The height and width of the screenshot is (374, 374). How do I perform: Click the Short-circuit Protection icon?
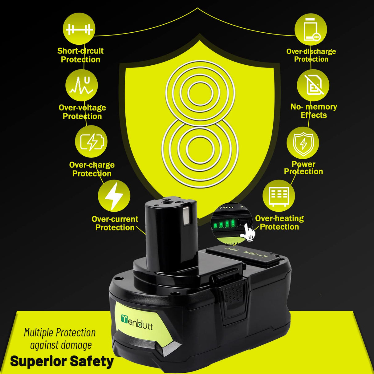click(79, 29)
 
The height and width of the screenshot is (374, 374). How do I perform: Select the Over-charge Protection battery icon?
click(91, 142)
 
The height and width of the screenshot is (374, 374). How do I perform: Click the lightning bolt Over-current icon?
click(114, 196)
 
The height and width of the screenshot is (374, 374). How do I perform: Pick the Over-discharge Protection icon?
click(311, 30)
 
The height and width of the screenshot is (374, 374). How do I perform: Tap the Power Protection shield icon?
click(303, 143)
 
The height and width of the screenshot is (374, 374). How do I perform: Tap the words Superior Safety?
click(62, 361)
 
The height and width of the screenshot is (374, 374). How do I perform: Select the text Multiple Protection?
click(60, 333)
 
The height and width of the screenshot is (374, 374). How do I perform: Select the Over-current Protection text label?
click(115, 223)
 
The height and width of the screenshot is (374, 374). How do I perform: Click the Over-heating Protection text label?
click(279, 222)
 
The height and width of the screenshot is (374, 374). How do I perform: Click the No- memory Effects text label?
click(314, 111)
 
